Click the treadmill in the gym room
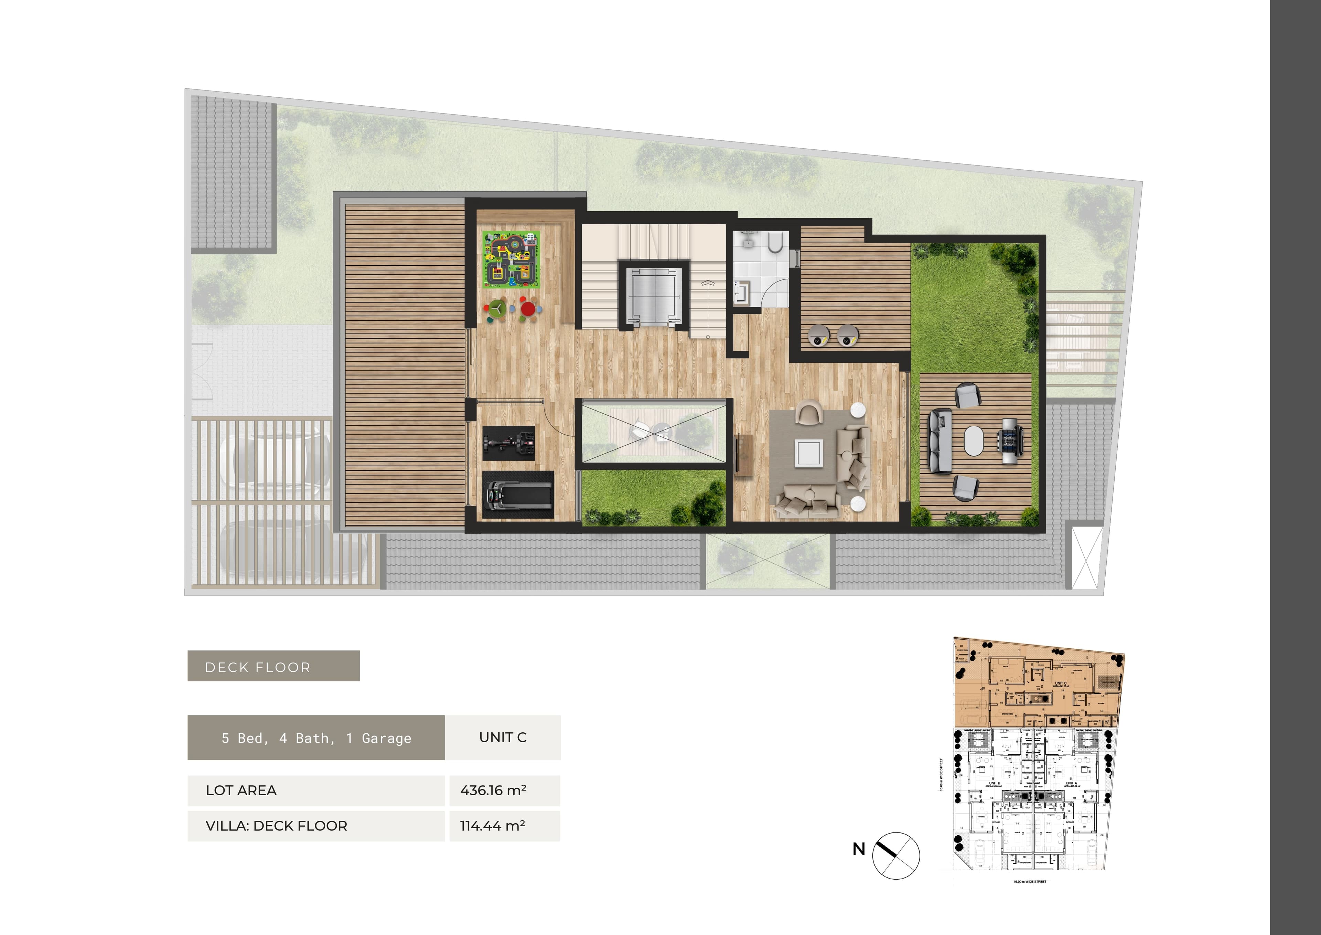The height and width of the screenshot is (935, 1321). pos(517,494)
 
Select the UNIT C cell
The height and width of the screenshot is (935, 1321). pos(503,737)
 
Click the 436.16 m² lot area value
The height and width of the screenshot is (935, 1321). pos(493,790)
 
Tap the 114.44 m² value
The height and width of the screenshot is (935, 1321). pos(492,826)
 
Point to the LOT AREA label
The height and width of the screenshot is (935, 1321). pos(241,790)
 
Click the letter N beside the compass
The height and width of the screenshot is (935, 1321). pos(858,849)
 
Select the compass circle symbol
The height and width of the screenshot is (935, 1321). pos(896,856)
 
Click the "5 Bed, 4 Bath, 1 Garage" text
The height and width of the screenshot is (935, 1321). pos(316,738)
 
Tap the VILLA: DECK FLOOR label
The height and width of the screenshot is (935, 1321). pos(276,826)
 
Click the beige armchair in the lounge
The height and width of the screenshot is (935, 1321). pos(809,412)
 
